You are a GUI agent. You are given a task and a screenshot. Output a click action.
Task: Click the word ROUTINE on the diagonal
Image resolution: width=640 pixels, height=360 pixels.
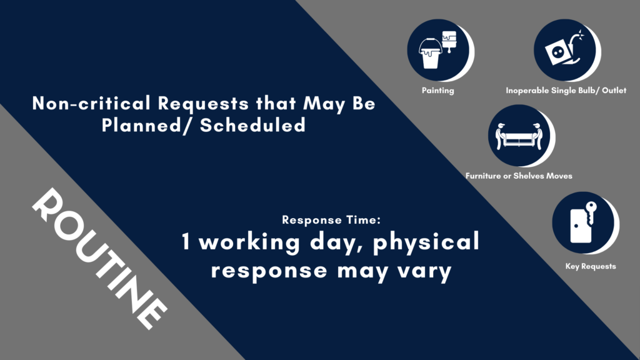point(99,258)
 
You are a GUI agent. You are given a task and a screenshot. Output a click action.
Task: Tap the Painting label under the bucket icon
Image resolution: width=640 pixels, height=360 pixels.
point(438,91)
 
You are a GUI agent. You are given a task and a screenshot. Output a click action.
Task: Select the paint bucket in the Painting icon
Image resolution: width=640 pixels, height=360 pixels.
point(430,54)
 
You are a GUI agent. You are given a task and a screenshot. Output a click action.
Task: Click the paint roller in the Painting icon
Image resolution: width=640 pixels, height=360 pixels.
point(449,41)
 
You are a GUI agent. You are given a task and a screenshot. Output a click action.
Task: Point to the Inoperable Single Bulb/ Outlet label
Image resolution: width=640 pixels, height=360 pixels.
point(566,90)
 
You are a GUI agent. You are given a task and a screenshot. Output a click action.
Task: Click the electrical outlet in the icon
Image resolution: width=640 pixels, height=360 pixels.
point(557,52)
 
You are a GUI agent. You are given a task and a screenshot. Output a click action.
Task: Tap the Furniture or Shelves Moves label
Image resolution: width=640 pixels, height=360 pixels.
point(519,176)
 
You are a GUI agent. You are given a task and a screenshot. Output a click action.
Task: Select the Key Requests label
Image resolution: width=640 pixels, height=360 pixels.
point(591,266)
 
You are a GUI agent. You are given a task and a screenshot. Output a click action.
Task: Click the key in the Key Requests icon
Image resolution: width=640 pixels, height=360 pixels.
point(591,212)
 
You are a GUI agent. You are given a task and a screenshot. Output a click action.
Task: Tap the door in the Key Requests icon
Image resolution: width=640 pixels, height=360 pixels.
point(580,226)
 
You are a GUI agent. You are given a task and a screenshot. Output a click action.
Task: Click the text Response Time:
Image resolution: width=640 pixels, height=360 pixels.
point(331,220)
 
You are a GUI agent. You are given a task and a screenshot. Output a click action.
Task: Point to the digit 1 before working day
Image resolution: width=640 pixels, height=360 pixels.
point(186,241)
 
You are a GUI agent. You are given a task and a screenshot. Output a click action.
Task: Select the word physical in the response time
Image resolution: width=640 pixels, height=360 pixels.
point(426,242)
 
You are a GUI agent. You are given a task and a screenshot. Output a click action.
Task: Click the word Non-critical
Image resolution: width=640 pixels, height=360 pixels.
point(91,103)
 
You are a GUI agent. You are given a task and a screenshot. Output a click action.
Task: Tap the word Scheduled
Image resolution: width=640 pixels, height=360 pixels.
point(252,125)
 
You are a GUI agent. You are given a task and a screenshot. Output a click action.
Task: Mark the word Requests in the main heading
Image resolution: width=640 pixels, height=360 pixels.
point(203,103)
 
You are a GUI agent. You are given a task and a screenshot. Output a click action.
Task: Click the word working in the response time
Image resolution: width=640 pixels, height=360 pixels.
point(249,242)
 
